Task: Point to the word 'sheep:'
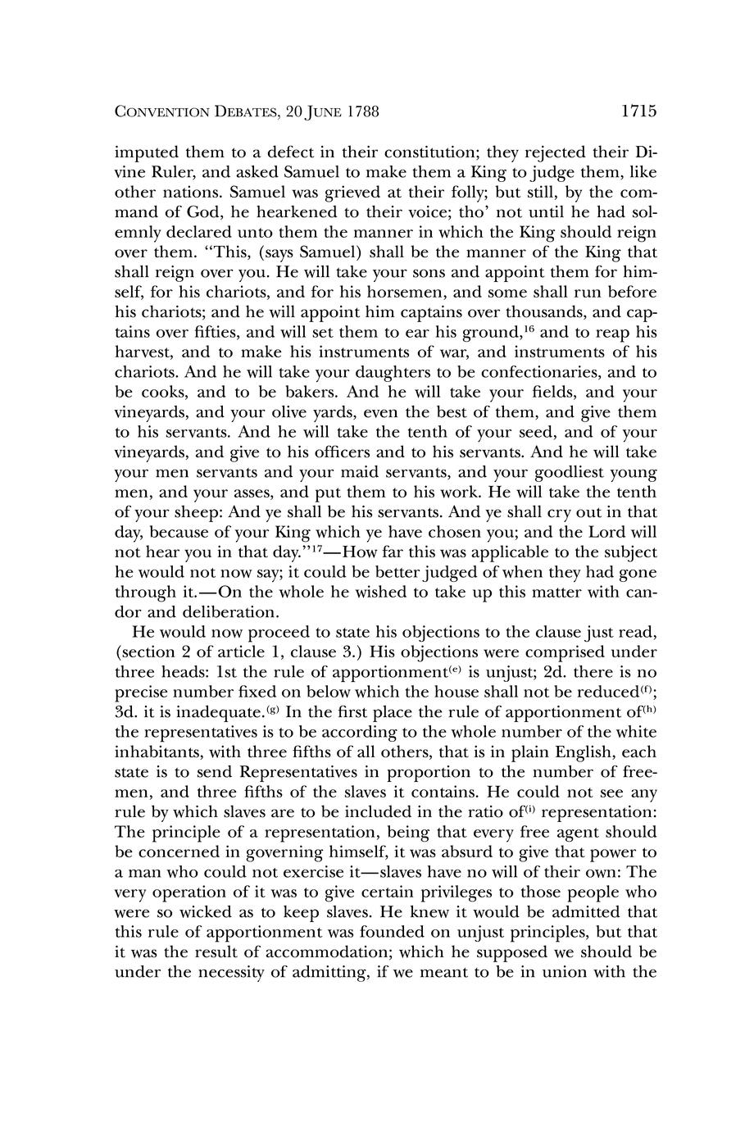(x=193, y=512)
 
